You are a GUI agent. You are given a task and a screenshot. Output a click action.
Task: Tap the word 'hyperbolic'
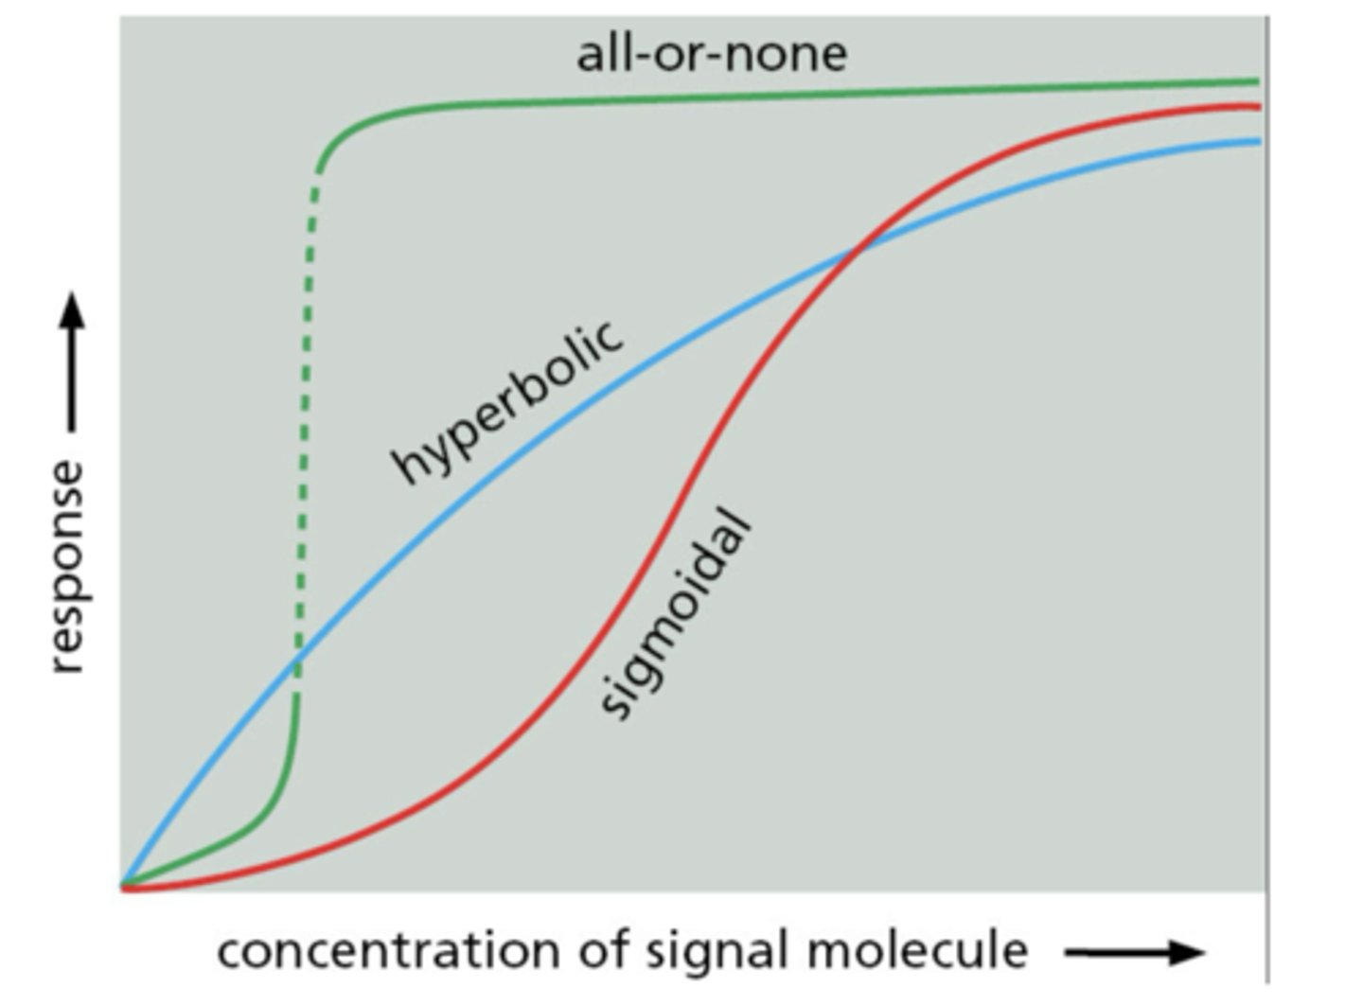tap(508, 402)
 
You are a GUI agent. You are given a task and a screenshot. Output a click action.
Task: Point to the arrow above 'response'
tap(71, 364)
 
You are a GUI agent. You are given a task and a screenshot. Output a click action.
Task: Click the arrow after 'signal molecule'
tap(1134, 952)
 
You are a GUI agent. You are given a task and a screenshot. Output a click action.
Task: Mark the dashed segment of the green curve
tap(305, 426)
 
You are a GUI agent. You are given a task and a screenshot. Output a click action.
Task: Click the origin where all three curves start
tap(123, 887)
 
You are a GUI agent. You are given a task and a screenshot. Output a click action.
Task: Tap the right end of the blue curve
tap(1258, 142)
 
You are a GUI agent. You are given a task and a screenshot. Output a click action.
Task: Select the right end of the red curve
tap(1258, 107)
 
